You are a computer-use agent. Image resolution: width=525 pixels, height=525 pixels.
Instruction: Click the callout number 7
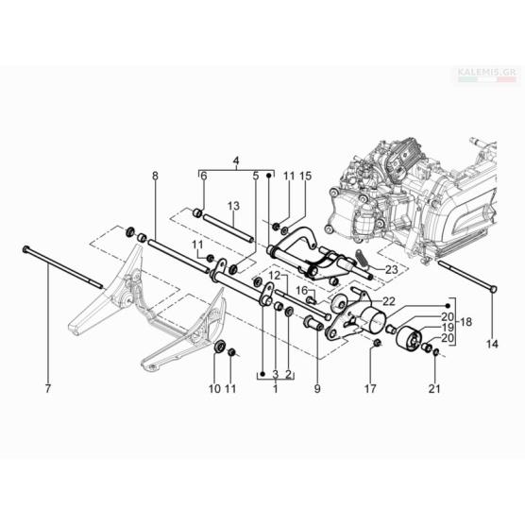[x=48, y=389]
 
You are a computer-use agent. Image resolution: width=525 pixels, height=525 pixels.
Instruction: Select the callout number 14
[x=492, y=344]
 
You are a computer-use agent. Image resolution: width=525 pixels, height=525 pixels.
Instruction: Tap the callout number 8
[x=155, y=176]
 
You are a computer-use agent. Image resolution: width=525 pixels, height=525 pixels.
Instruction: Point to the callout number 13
[x=233, y=206]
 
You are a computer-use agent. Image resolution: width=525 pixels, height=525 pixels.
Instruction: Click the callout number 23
[x=392, y=269]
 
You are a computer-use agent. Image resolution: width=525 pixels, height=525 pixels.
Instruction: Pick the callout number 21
[x=434, y=389]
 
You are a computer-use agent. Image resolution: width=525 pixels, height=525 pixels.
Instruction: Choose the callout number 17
[x=370, y=389]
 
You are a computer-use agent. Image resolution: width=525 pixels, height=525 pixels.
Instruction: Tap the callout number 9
[x=317, y=389]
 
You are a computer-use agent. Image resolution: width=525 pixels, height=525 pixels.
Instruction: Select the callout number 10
[x=214, y=389]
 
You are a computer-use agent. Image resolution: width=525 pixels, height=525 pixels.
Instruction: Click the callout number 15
[x=305, y=176]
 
